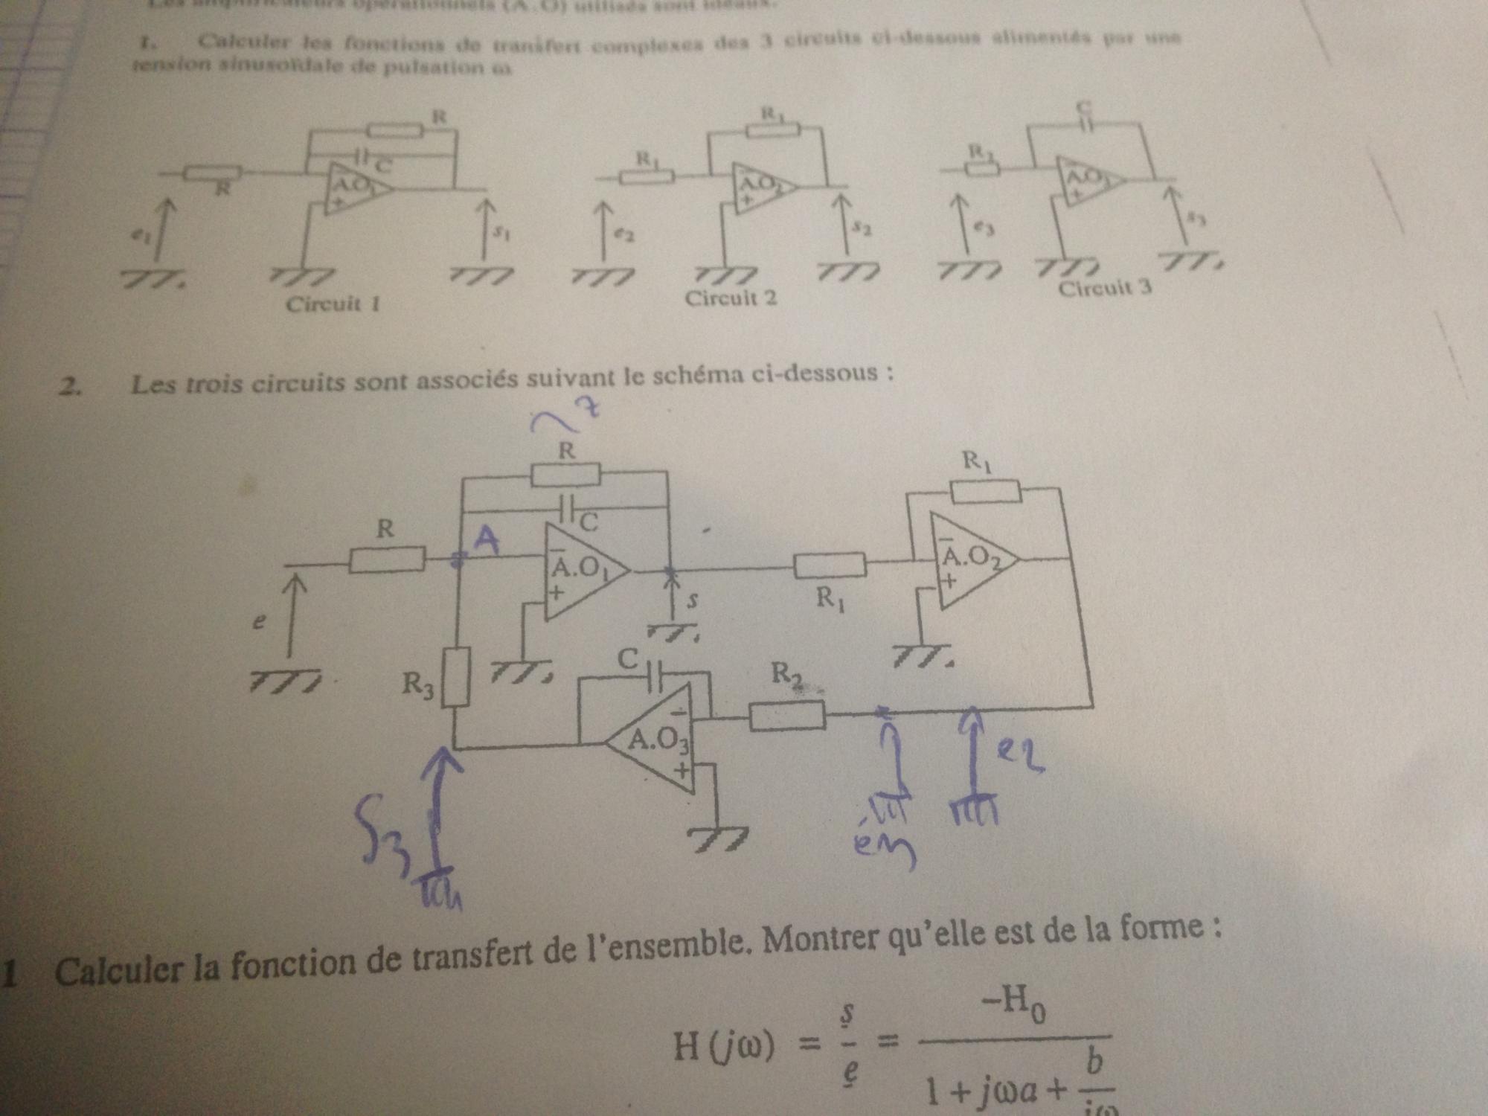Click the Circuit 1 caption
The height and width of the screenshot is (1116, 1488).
click(333, 304)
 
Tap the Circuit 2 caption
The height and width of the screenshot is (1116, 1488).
click(731, 298)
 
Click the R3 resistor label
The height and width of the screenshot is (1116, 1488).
click(418, 683)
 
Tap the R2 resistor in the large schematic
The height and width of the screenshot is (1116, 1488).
click(787, 716)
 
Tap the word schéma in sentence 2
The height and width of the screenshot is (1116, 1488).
click(696, 376)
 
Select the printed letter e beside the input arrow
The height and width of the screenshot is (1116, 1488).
click(258, 623)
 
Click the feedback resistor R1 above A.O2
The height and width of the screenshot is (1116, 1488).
click(985, 491)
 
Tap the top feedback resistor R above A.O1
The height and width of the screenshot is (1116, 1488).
click(566, 474)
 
